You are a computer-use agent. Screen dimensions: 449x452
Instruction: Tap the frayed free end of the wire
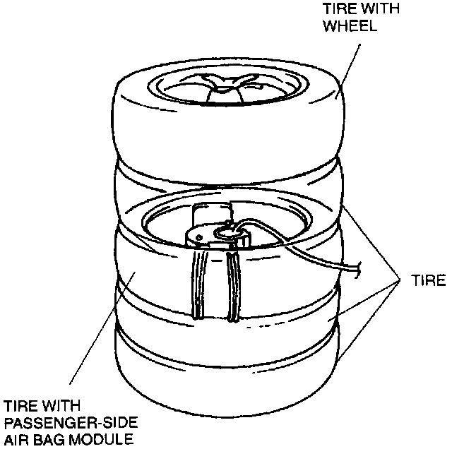360,268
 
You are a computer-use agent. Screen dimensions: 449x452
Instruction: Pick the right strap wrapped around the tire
233,286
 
